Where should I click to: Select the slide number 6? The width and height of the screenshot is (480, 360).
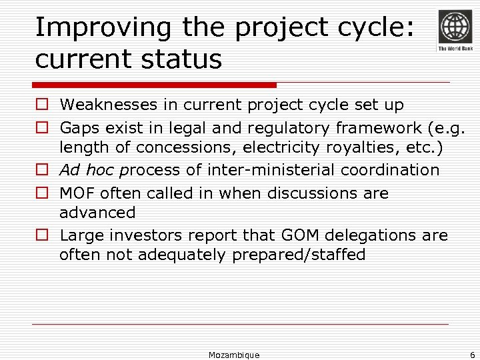click(472, 355)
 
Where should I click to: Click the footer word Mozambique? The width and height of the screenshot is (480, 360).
click(233, 355)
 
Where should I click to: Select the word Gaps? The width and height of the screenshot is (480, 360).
click(77, 127)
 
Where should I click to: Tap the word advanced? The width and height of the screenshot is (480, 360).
click(97, 213)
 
